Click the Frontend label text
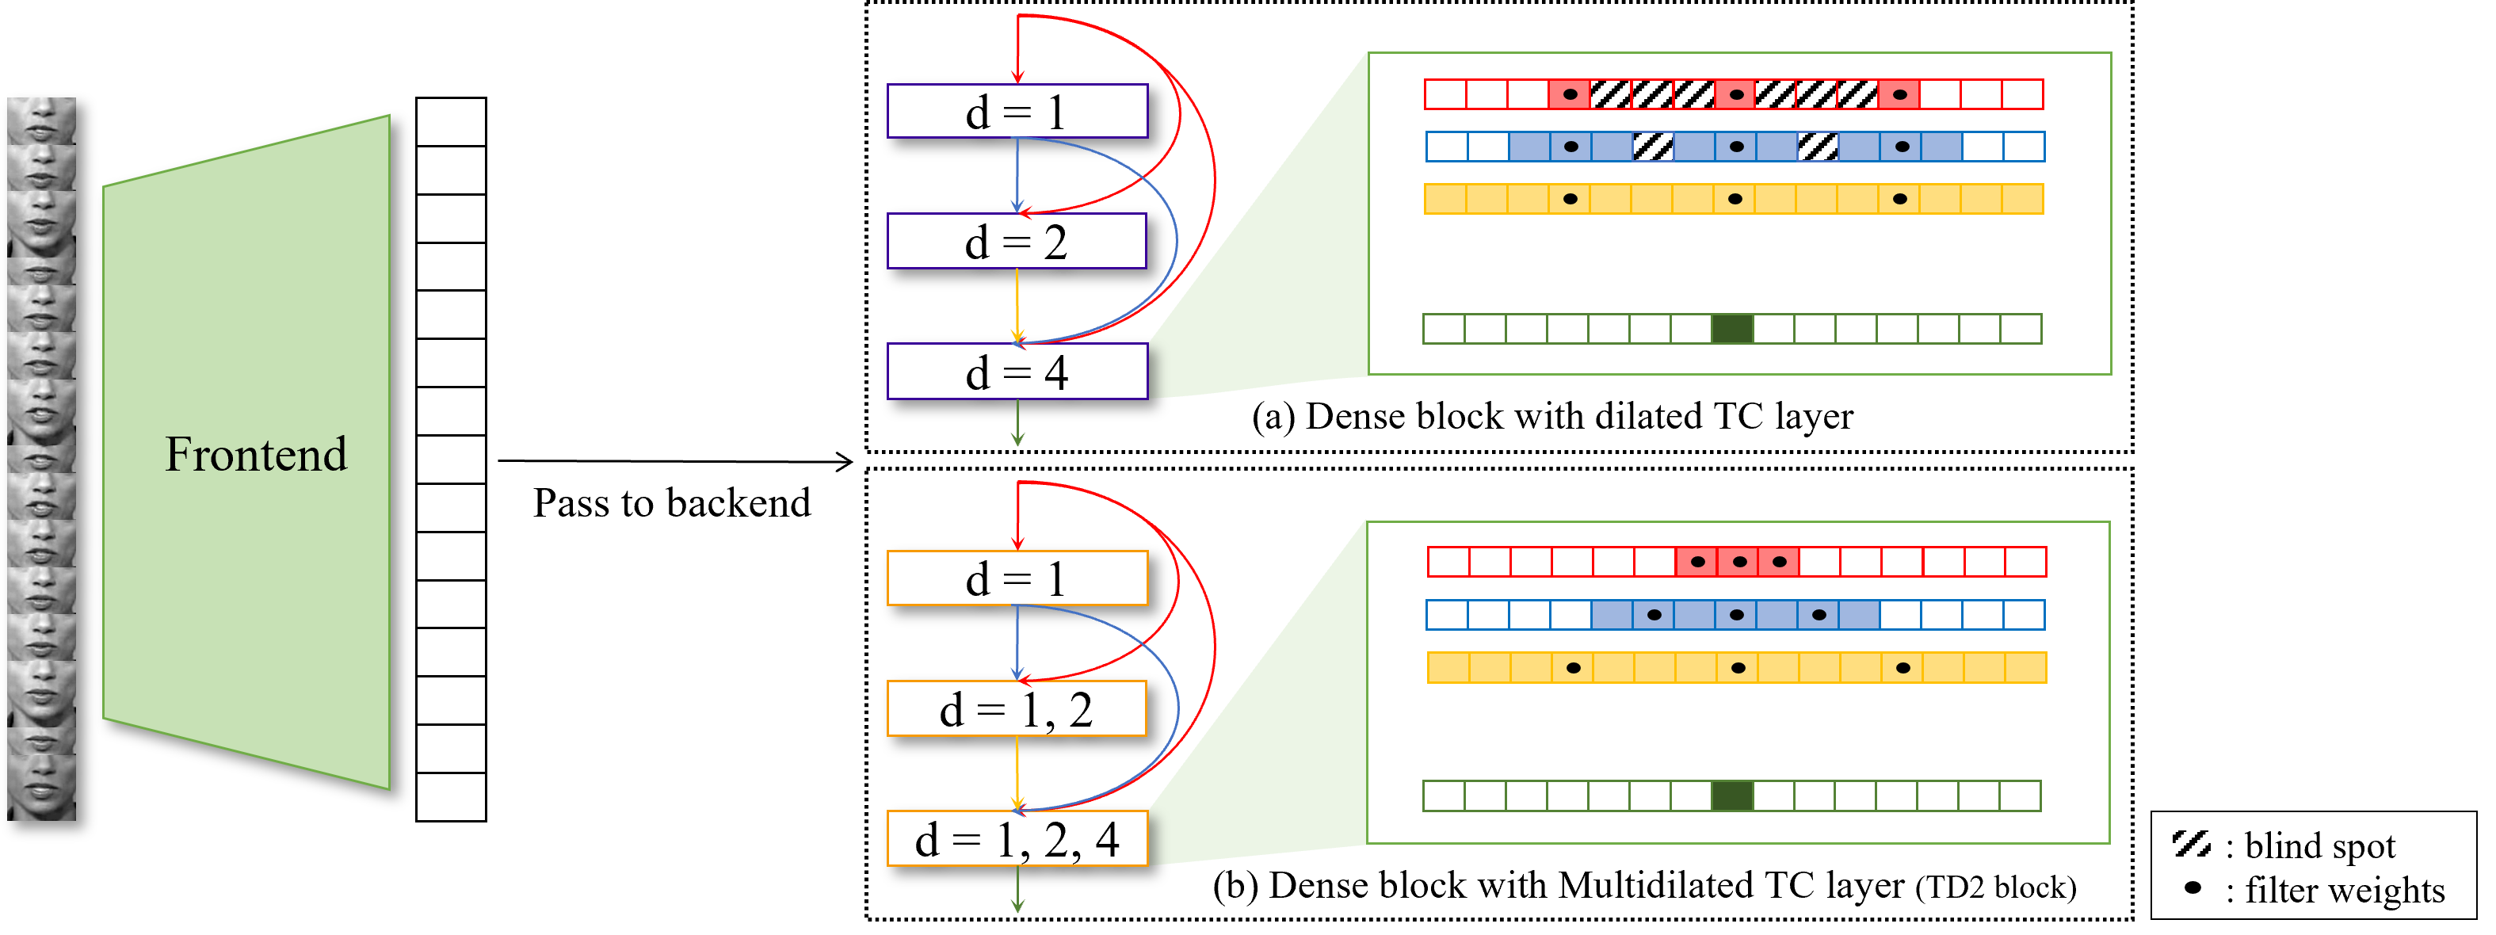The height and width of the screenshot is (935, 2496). coord(256,454)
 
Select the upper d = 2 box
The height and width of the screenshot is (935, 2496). coord(1017,241)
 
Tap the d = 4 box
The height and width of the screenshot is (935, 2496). coord(1017,372)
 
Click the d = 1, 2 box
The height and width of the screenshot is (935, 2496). coord(1017,709)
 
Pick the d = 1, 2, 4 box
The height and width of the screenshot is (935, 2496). coord(1017,839)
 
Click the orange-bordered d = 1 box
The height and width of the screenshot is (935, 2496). coord(1017,578)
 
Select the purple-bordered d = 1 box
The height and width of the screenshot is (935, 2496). coord(1017,112)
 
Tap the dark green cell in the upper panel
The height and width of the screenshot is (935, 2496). coord(1732,329)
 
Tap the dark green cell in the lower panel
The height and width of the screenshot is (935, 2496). coord(1732,796)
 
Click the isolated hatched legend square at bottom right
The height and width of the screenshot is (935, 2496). coord(2191,843)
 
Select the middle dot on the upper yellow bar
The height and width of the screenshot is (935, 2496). coord(1735,199)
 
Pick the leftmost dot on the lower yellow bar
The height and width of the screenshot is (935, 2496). coord(1574,668)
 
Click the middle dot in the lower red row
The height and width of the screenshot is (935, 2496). coord(1739,562)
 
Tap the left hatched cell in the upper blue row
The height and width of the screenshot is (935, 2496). coord(1652,147)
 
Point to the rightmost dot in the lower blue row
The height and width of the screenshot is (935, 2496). coord(1819,615)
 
